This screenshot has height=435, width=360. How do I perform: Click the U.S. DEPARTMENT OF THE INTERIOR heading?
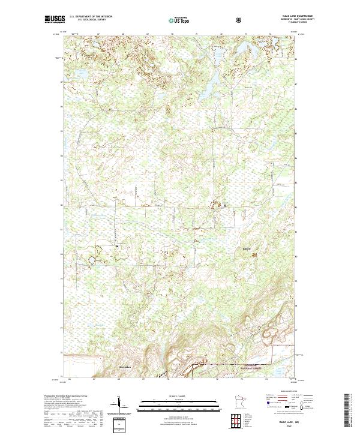[x=91, y=17]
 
